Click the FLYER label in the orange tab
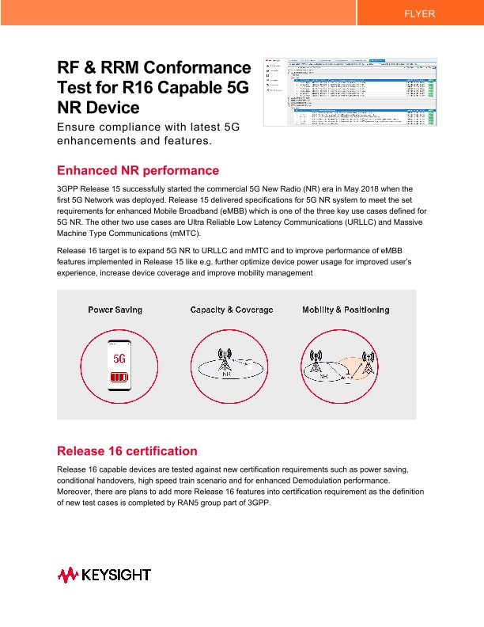(x=419, y=14)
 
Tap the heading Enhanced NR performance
(x=138, y=170)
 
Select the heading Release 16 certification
(x=127, y=451)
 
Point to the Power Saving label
(x=119, y=310)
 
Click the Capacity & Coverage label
(x=231, y=310)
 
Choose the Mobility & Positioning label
(x=346, y=310)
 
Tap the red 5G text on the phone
(x=119, y=357)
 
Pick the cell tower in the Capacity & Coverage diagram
(x=225, y=361)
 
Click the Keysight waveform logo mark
(x=67, y=575)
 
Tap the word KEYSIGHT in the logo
(x=116, y=575)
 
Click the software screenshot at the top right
(x=350, y=91)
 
